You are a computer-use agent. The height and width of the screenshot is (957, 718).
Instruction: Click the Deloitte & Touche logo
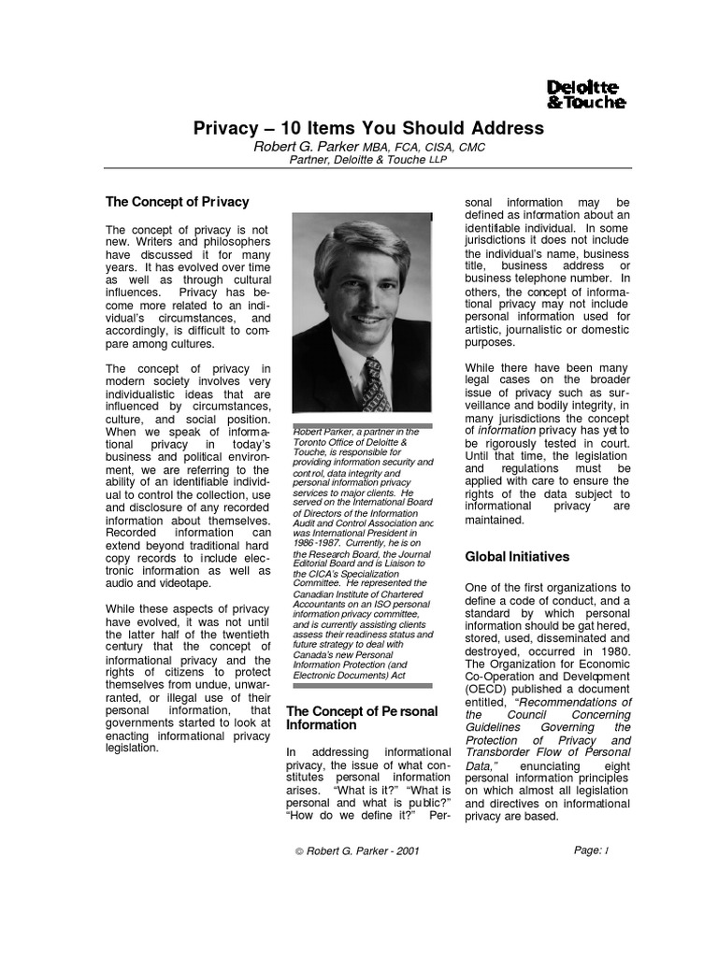point(585,95)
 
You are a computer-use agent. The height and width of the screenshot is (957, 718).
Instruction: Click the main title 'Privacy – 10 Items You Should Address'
point(368,128)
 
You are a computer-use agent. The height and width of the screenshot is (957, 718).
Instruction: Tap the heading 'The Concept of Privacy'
point(177,201)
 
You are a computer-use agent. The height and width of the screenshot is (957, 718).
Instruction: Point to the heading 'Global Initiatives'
point(517,556)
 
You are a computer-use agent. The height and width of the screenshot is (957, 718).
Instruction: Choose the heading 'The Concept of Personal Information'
point(361,718)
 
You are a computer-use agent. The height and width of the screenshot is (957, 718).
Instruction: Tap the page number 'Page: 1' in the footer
point(592,850)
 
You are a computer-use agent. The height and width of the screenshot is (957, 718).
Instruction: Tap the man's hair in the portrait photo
point(359,241)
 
